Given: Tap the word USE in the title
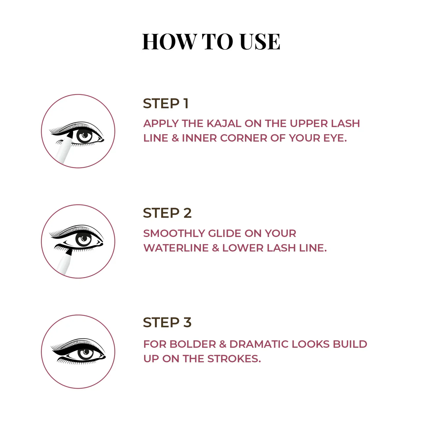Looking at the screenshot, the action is click(x=260, y=42).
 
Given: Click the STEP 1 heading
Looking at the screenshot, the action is click(x=166, y=104).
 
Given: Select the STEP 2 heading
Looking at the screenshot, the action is click(x=167, y=213).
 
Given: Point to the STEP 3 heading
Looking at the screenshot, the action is click(x=167, y=322).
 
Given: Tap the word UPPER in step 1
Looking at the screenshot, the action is click(x=308, y=124).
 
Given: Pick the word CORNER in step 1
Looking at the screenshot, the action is click(x=243, y=138).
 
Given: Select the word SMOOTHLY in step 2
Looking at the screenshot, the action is click(x=174, y=233).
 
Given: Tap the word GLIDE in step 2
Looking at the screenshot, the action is click(x=225, y=233).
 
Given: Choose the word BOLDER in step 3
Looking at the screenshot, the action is click(x=193, y=344).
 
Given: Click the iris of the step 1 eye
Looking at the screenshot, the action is click(x=84, y=136).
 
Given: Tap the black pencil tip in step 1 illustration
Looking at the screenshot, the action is click(x=70, y=135).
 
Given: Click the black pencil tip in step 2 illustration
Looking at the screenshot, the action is click(x=69, y=252).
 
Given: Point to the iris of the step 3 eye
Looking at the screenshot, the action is click(x=85, y=353).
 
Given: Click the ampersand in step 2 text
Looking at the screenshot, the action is click(x=216, y=248).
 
